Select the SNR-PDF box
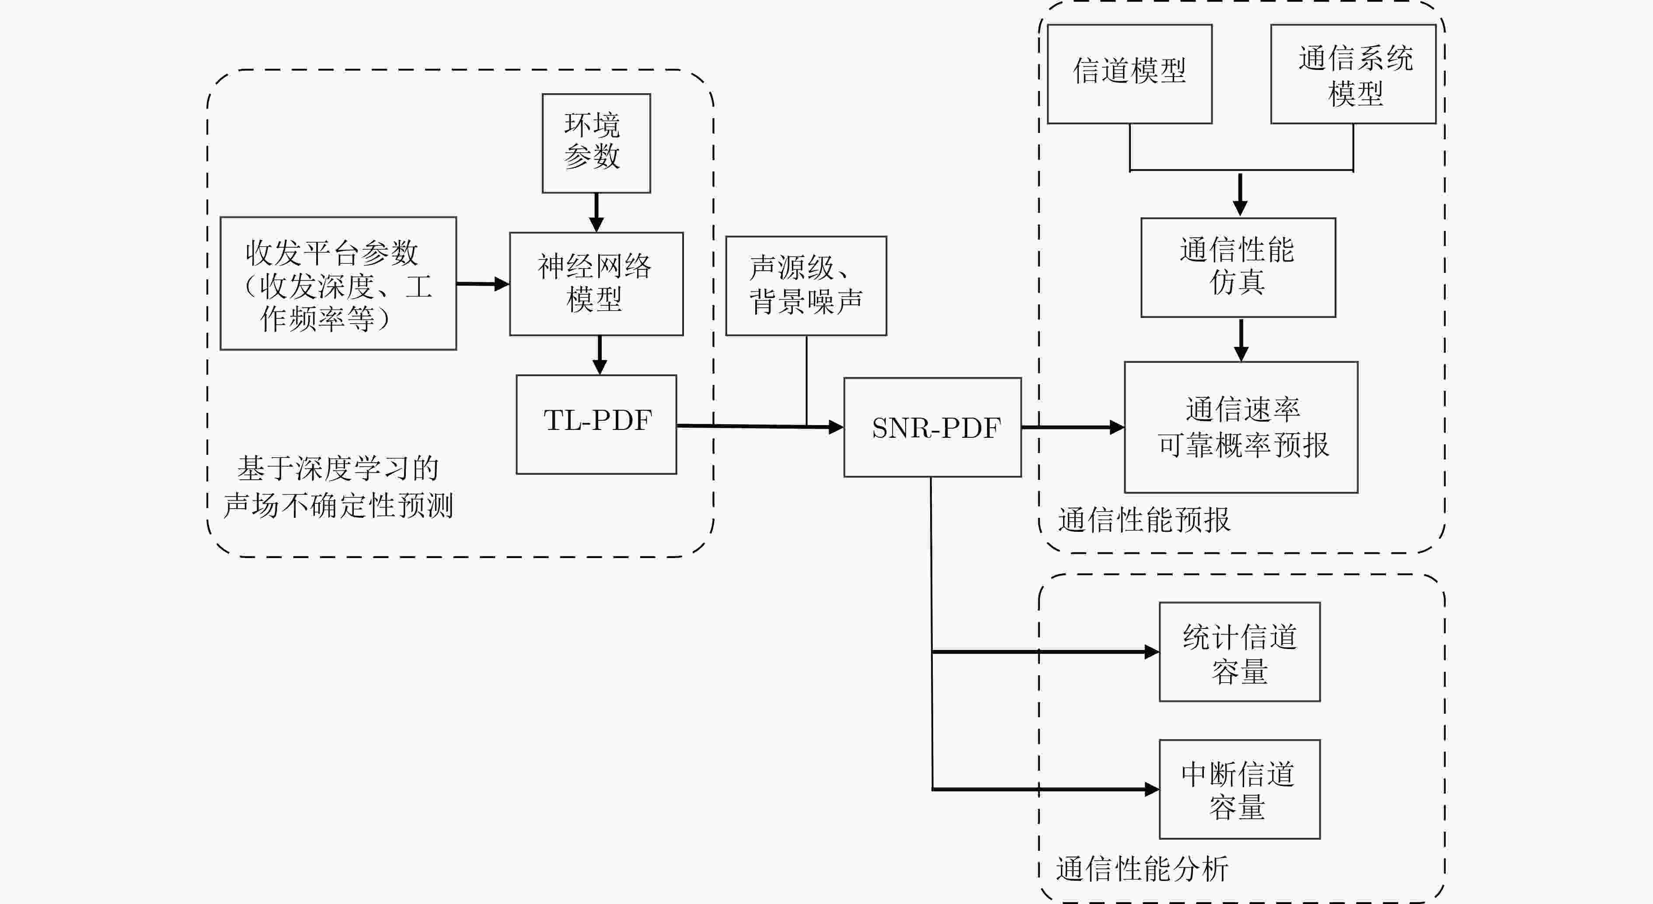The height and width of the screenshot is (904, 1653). tap(932, 427)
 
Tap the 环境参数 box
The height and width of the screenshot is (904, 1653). tap(596, 143)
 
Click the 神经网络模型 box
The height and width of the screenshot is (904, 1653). tap(596, 283)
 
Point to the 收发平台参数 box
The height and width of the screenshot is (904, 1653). tap(338, 283)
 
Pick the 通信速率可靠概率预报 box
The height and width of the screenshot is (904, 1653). tap(1241, 427)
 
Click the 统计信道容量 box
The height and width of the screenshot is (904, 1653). tap(1239, 652)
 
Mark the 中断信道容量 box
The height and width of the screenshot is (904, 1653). tap(1239, 789)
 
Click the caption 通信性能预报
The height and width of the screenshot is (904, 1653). tap(1144, 520)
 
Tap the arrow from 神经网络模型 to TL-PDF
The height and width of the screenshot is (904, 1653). tap(600, 355)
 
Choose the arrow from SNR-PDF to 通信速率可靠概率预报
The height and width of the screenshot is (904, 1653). tap(1072, 427)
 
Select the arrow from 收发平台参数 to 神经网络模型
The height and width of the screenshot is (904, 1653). tap(482, 283)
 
